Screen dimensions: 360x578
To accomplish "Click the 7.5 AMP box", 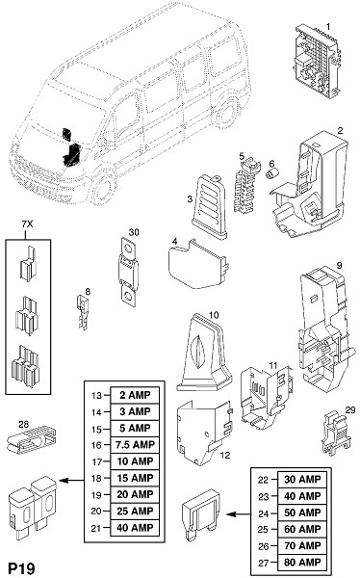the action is [x=135, y=444].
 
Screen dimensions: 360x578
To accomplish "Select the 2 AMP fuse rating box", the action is [x=135, y=395].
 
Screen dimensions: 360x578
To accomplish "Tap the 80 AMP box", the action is [x=302, y=563].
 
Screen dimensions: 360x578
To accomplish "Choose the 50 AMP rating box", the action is [x=302, y=512].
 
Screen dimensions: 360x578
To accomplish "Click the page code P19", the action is [x=22, y=568].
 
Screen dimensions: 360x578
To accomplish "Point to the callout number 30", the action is [x=134, y=232].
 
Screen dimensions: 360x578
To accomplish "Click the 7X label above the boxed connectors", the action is [x=27, y=224].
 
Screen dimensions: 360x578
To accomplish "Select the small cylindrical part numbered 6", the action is [x=272, y=173].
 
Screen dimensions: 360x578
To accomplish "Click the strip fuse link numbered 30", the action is [x=129, y=272].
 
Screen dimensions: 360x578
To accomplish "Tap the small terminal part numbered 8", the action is [x=83, y=312].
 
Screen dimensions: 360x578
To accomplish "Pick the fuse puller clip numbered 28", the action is [x=32, y=440].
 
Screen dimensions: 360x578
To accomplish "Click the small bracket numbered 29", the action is [x=334, y=433].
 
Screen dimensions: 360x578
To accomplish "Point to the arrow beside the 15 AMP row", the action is [x=71, y=480].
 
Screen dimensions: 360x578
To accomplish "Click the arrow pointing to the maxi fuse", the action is [x=239, y=513].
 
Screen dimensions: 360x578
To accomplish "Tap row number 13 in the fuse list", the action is [x=96, y=396].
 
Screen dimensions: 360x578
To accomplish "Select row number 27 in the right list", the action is [x=264, y=563].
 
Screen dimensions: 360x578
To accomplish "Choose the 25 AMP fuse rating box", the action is [x=135, y=511].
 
